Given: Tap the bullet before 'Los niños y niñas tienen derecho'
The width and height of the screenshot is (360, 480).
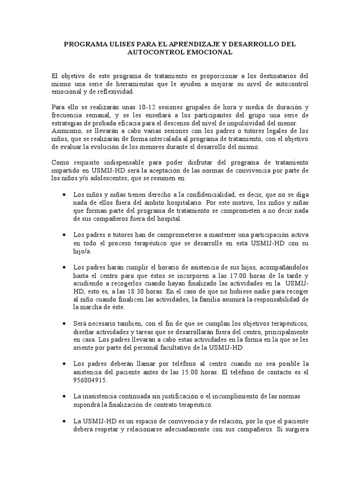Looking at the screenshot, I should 64,194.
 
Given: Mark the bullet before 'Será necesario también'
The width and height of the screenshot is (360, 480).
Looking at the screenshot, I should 64,324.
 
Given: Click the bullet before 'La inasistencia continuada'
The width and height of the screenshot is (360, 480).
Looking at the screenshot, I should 64,397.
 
